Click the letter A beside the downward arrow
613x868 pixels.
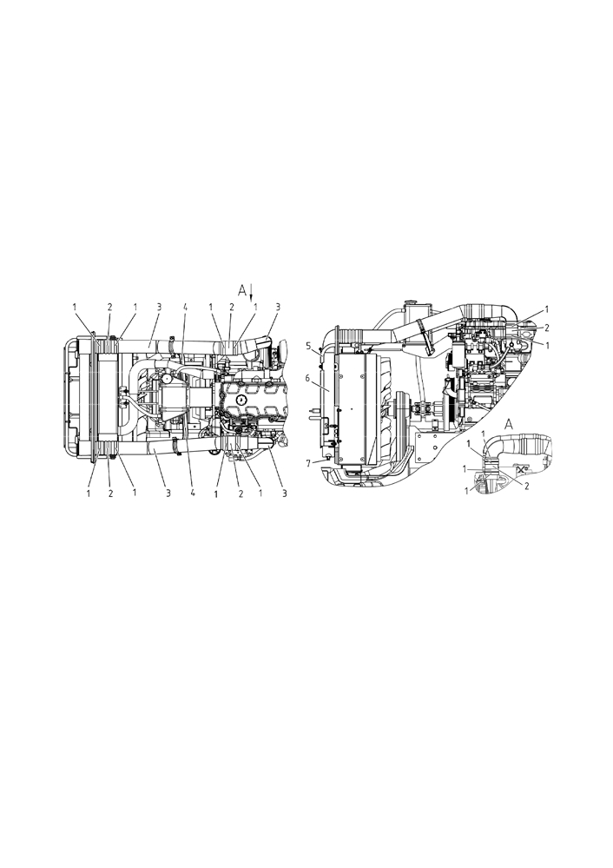(x=242, y=289)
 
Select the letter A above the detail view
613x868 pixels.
(x=510, y=425)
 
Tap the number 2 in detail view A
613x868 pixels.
(x=526, y=486)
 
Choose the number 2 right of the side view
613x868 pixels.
(x=547, y=328)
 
